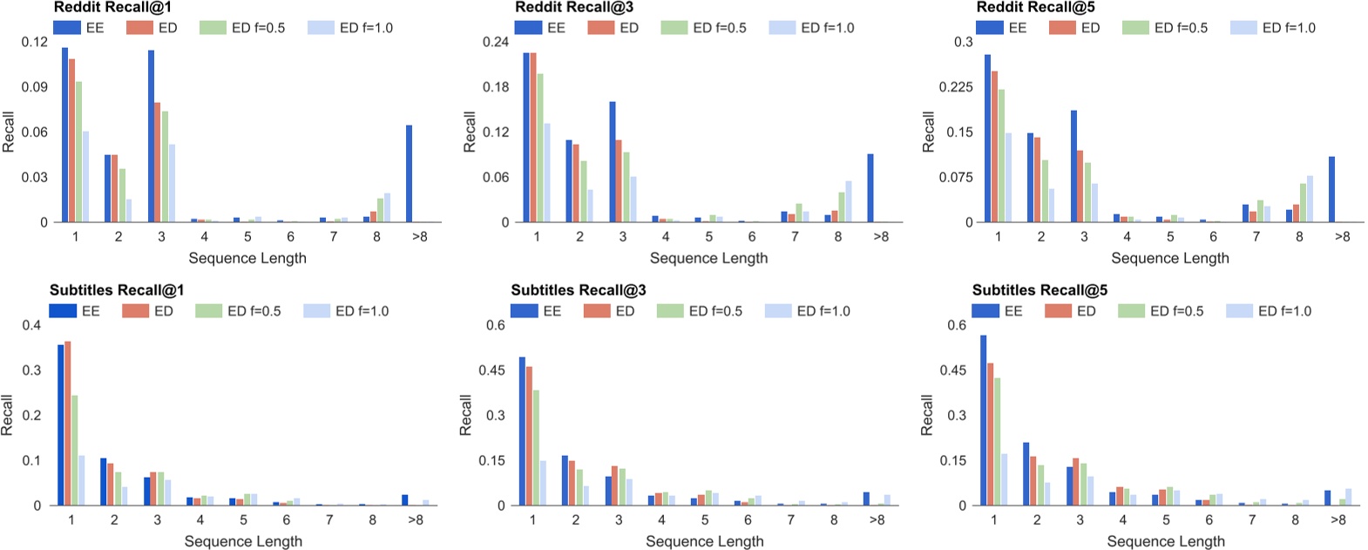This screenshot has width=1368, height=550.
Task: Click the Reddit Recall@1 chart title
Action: (x=112, y=7)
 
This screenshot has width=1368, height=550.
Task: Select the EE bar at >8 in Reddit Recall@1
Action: (x=409, y=174)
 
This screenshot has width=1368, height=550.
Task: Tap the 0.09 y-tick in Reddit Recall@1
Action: (x=35, y=87)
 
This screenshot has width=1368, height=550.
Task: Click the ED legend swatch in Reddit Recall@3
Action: (x=601, y=28)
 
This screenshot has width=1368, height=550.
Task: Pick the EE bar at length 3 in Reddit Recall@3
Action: (x=613, y=162)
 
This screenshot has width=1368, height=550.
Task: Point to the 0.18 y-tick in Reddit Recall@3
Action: (x=496, y=87)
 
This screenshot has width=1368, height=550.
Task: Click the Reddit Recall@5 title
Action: (x=1036, y=7)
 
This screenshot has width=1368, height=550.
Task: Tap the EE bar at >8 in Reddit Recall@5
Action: (x=1331, y=189)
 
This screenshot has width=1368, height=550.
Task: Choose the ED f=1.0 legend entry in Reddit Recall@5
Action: (x=1273, y=28)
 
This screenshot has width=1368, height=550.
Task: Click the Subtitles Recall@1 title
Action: (x=117, y=290)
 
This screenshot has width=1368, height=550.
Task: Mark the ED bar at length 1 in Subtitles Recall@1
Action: (x=68, y=424)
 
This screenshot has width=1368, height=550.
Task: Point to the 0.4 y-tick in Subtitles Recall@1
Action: (x=31, y=325)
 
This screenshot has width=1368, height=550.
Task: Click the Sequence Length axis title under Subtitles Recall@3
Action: (x=704, y=541)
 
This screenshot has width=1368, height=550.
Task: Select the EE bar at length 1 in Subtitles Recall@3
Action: (x=522, y=431)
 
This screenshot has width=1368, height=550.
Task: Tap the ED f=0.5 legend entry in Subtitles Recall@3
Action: (x=701, y=311)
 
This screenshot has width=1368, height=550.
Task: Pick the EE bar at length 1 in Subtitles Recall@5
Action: (x=983, y=420)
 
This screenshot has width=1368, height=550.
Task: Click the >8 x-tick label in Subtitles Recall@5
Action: (x=1338, y=519)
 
